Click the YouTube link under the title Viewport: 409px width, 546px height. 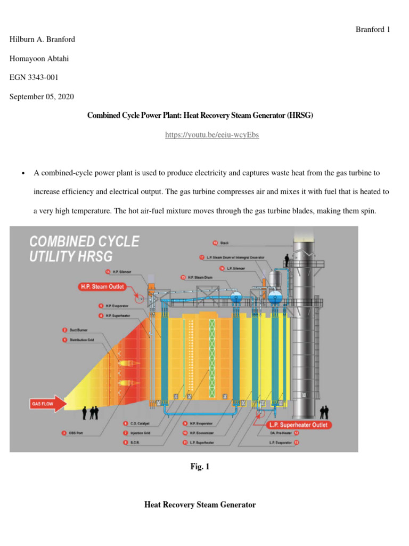click(x=212, y=135)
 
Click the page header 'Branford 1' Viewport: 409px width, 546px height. click(x=372, y=30)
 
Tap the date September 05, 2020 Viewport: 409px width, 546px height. click(x=42, y=97)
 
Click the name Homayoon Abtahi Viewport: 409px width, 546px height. click(x=39, y=59)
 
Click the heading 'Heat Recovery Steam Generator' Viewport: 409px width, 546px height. click(x=200, y=504)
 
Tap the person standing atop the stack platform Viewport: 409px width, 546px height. click(x=287, y=260)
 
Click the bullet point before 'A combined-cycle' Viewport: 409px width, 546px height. click(x=23, y=174)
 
